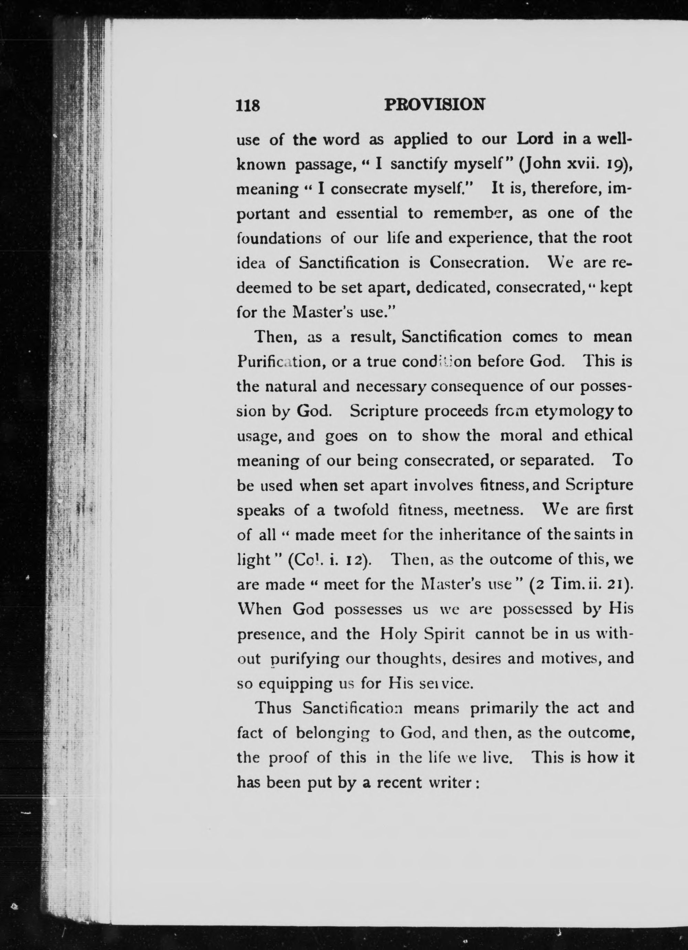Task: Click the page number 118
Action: click(x=248, y=105)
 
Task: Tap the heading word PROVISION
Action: click(x=435, y=104)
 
